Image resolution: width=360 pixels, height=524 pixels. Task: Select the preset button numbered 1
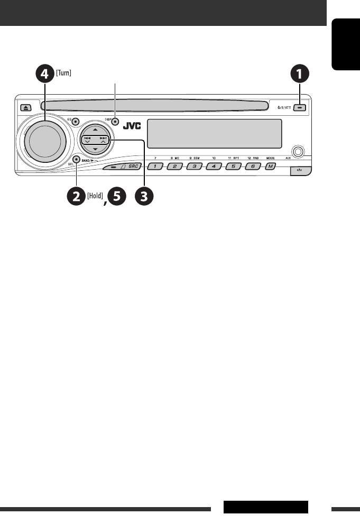155,167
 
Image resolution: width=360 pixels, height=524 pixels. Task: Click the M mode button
271,167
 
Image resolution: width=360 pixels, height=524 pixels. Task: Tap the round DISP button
114,121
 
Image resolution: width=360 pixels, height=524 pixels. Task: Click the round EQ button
76,121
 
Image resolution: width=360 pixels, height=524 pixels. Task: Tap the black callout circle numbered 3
143,197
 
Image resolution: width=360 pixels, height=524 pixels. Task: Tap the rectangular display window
214,133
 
